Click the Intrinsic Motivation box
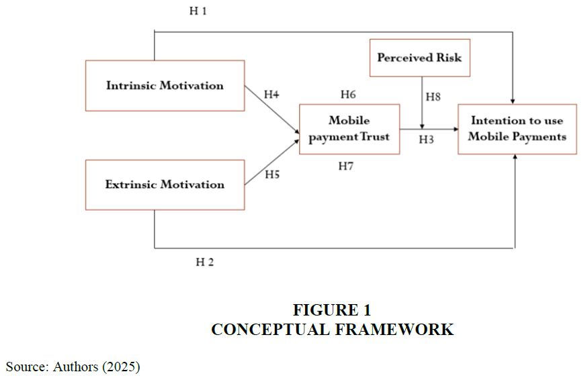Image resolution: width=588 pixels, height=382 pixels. [x=165, y=86]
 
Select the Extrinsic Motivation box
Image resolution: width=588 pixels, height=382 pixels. [x=165, y=185]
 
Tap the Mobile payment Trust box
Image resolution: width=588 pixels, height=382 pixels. [x=349, y=129]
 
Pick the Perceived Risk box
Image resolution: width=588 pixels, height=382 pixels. [x=419, y=58]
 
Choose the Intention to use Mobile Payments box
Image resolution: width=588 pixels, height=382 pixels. [x=517, y=129]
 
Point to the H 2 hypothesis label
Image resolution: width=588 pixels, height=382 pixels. [x=205, y=262]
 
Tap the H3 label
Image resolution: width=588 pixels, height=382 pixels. [x=427, y=140]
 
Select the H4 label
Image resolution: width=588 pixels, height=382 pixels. [x=271, y=95]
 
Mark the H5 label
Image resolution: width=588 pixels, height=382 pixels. [x=271, y=175]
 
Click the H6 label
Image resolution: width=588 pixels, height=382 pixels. [x=348, y=94]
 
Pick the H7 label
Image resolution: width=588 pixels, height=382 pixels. [x=346, y=166]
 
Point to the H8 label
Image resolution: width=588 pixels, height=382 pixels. [x=433, y=97]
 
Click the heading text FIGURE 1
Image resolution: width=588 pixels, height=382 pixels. [x=332, y=310]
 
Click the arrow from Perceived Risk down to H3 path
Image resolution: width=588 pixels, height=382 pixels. [x=422, y=101]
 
